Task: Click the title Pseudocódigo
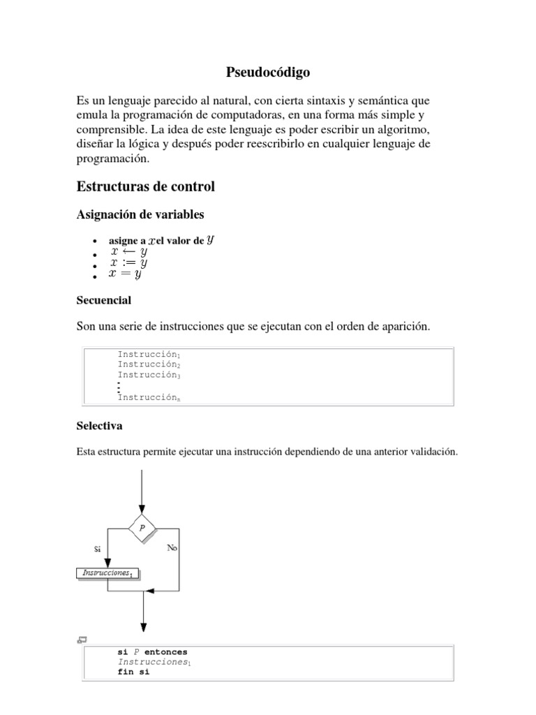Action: [x=268, y=72]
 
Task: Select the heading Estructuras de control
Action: [x=145, y=186]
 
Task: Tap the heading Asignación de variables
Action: [x=140, y=214]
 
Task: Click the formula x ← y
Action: [x=128, y=251]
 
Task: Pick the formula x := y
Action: [x=128, y=263]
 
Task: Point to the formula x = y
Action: [x=126, y=274]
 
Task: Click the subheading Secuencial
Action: [x=103, y=300]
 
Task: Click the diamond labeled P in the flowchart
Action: [x=142, y=529]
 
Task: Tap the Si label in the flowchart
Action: [x=97, y=549]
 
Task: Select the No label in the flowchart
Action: [x=172, y=548]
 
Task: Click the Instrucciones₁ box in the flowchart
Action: [x=107, y=573]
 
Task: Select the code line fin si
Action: [x=133, y=672]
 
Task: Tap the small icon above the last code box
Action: [x=81, y=640]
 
